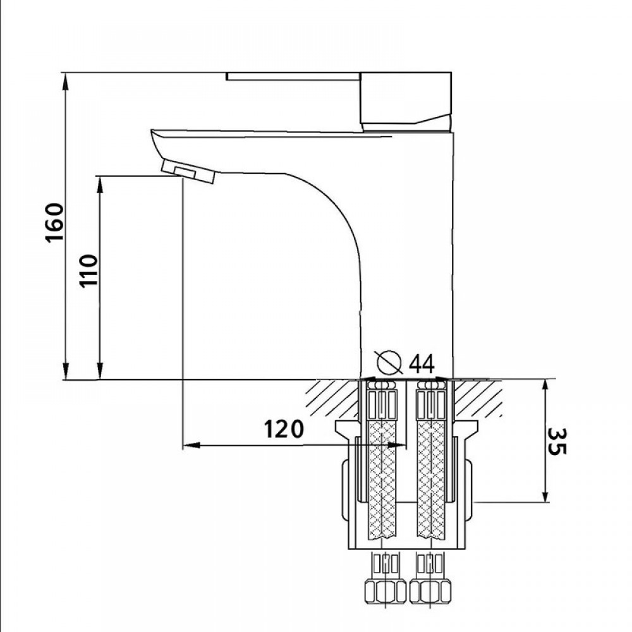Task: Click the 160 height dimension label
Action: tap(55, 222)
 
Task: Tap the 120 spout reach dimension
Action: tap(284, 429)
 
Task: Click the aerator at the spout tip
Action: tap(188, 171)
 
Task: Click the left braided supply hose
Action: tap(382, 480)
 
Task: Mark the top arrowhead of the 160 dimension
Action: tap(66, 78)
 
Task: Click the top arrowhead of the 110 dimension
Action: tap(100, 182)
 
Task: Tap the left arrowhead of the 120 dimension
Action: tap(188, 446)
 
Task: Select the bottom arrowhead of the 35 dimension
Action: tap(545, 497)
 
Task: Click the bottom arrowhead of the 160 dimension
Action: tap(66, 374)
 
